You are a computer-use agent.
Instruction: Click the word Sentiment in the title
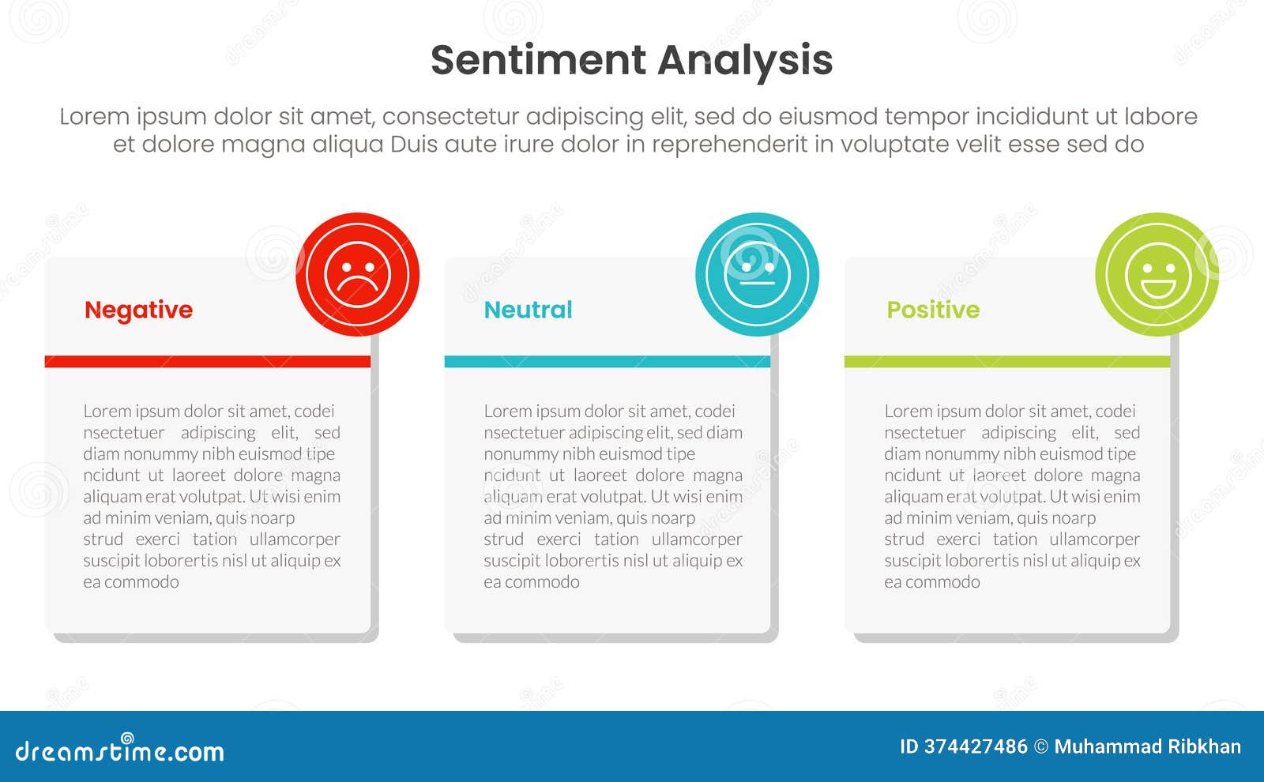(538, 60)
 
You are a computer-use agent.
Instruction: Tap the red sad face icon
(357, 274)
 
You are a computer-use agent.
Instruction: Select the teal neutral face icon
(757, 274)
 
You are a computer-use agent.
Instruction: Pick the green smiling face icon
(1157, 274)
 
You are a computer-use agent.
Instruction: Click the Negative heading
(138, 310)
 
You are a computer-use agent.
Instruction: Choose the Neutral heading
(528, 310)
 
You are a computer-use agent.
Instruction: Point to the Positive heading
(933, 310)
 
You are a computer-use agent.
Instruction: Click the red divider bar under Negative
(207, 362)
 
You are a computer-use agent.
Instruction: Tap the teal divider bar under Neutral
(607, 362)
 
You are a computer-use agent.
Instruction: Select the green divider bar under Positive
(1007, 362)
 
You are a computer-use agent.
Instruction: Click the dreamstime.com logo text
(120, 751)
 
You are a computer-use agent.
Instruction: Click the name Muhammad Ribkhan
(1147, 746)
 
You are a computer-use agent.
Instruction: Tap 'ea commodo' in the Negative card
(131, 582)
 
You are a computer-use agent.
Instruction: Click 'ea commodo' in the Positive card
(932, 582)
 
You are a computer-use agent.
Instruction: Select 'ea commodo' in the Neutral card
(532, 582)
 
